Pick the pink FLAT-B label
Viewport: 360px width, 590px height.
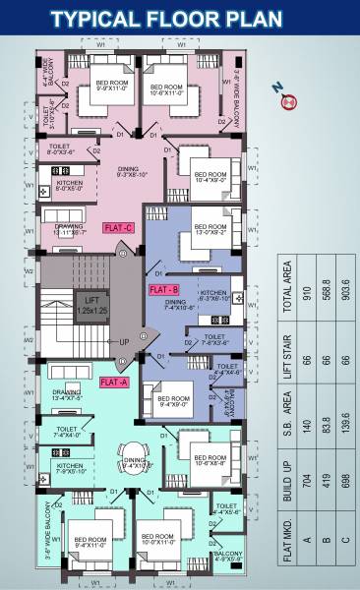[162, 290]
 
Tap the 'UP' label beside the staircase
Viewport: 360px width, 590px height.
[123, 342]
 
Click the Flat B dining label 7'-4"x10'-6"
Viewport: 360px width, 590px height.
[181, 306]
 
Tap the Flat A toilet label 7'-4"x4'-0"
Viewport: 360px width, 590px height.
[68, 433]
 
